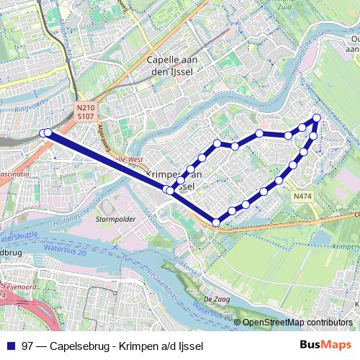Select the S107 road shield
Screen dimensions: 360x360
(x=85, y=115)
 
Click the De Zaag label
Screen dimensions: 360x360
(x=215, y=298)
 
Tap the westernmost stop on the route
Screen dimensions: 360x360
(x=44, y=132)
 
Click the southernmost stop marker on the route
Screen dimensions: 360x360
(x=216, y=222)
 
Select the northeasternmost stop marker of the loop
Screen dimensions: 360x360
(x=316, y=117)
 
